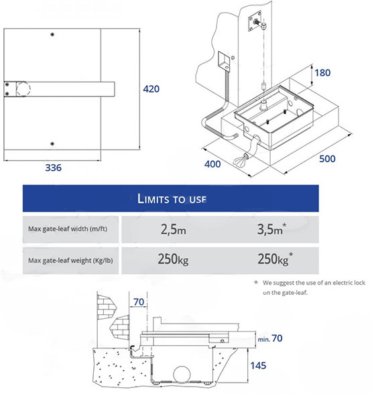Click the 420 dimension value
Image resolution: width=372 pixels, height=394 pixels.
pyautogui.click(x=151, y=89)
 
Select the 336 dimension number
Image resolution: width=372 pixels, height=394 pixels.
pyautogui.click(x=54, y=168)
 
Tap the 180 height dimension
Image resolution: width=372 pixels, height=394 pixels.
pyautogui.click(x=322, y=73)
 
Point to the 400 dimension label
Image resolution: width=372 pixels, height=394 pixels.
pyautogui.click(x=212, y=164)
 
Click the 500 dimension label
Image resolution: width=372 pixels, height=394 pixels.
pyautogui.click(x=327, y=159)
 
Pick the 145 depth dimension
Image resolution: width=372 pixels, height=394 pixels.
pyautogui.click(x=258, y=366)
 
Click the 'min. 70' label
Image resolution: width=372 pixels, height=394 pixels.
pyautogui.click(x=270, y=338)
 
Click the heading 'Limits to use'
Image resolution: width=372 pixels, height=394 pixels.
pyautogui.click(x=172, y=199)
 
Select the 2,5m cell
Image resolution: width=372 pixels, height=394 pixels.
pyautogui.click(x=174, y=230)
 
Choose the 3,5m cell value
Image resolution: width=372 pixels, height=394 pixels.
pyautogui.click(x=271, y=229)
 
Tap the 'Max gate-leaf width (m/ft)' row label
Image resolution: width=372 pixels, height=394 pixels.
pyautogui.click(x=68, y=229)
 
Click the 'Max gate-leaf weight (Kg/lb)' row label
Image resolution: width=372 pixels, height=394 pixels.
pyautogui.click(x=70, y=260)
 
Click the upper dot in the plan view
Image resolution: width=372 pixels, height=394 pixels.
pyautogui.click(x=52, y=34)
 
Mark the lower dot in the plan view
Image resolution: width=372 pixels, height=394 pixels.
pyautogui.click(x=52, y=143)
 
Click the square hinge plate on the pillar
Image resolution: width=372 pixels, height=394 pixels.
pyautogui.click(x=255, y=21)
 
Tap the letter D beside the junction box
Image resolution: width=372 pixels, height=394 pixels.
pyautogui.click(x=233, y=58)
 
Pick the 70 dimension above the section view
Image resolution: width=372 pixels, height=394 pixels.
pyautogui.click(x=139, y=302)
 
